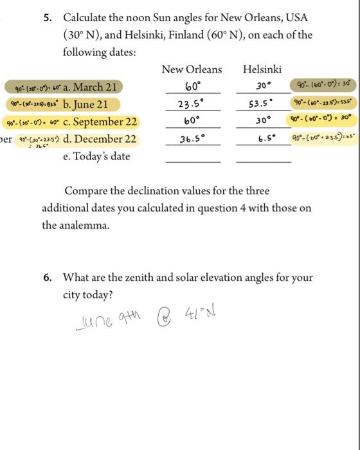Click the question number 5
[x=48, y=18]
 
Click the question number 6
[x=48, y=278]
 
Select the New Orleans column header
[x=192, y=69]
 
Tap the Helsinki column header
[x=262, y=69]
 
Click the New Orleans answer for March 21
[x=192, y=87]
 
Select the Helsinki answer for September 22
[x=262, y=122]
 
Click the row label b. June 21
[x=85, y=104]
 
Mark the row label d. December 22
[x=100, y=139]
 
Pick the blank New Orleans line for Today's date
[x=192, y=161]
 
